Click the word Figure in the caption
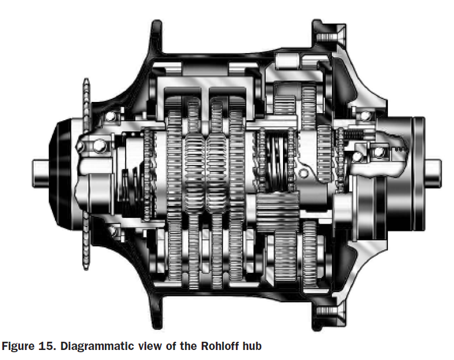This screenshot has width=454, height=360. (x=18, y=346)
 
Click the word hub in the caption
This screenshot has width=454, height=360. (x=252, y=346)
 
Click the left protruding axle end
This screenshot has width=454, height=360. (x=40, y=173)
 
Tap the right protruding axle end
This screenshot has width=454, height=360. (x=433, y=173)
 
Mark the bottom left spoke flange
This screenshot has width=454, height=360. (x=156, y=312)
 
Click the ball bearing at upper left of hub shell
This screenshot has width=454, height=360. (x=110, y=117)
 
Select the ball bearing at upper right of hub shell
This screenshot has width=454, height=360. (x=366, y=115)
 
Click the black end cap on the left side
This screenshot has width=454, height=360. (x=60, y=173)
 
